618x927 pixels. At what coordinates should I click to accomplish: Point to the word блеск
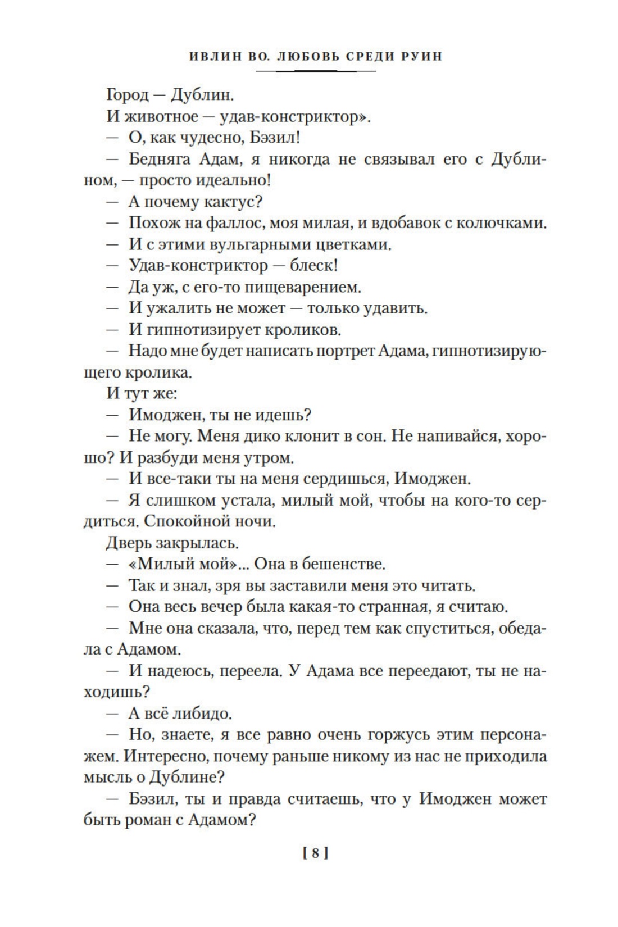311,266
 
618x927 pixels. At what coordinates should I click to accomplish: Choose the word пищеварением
306,287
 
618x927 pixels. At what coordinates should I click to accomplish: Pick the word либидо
196,714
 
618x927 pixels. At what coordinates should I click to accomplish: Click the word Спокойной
179,522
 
